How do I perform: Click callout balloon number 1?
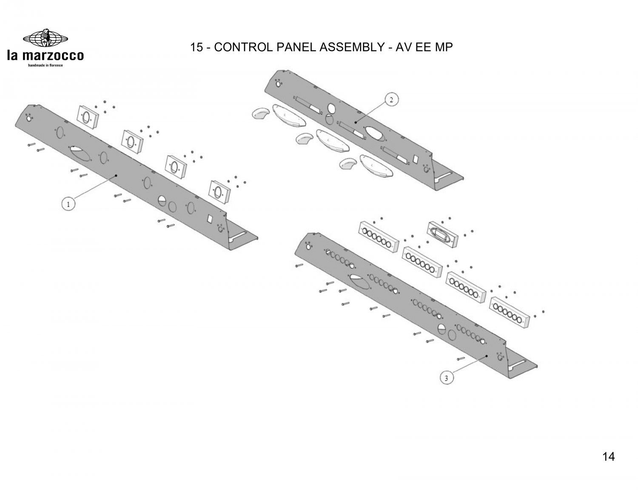67,204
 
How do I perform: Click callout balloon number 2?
392,100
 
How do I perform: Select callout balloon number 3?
446,378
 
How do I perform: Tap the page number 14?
608,457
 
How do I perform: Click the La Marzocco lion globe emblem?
45,39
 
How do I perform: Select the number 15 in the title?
196,47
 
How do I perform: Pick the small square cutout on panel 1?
210,219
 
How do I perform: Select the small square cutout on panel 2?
416,160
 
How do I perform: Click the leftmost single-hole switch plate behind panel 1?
88,116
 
